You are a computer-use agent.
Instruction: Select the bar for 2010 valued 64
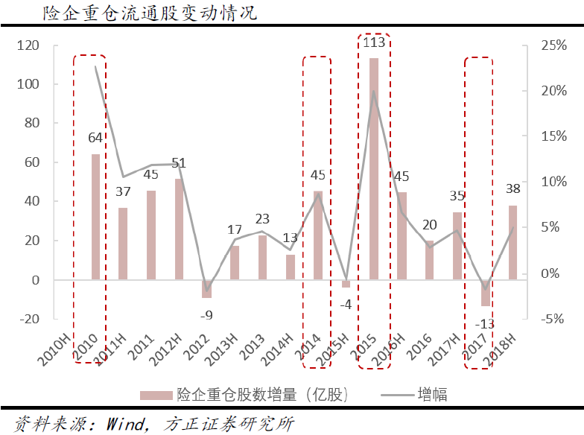[95, 217]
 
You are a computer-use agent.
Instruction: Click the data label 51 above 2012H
[180, 163]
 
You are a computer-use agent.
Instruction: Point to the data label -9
[207, 314]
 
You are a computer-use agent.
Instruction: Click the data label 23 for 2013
[262, 219]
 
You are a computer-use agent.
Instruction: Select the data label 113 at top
[374, 43]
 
